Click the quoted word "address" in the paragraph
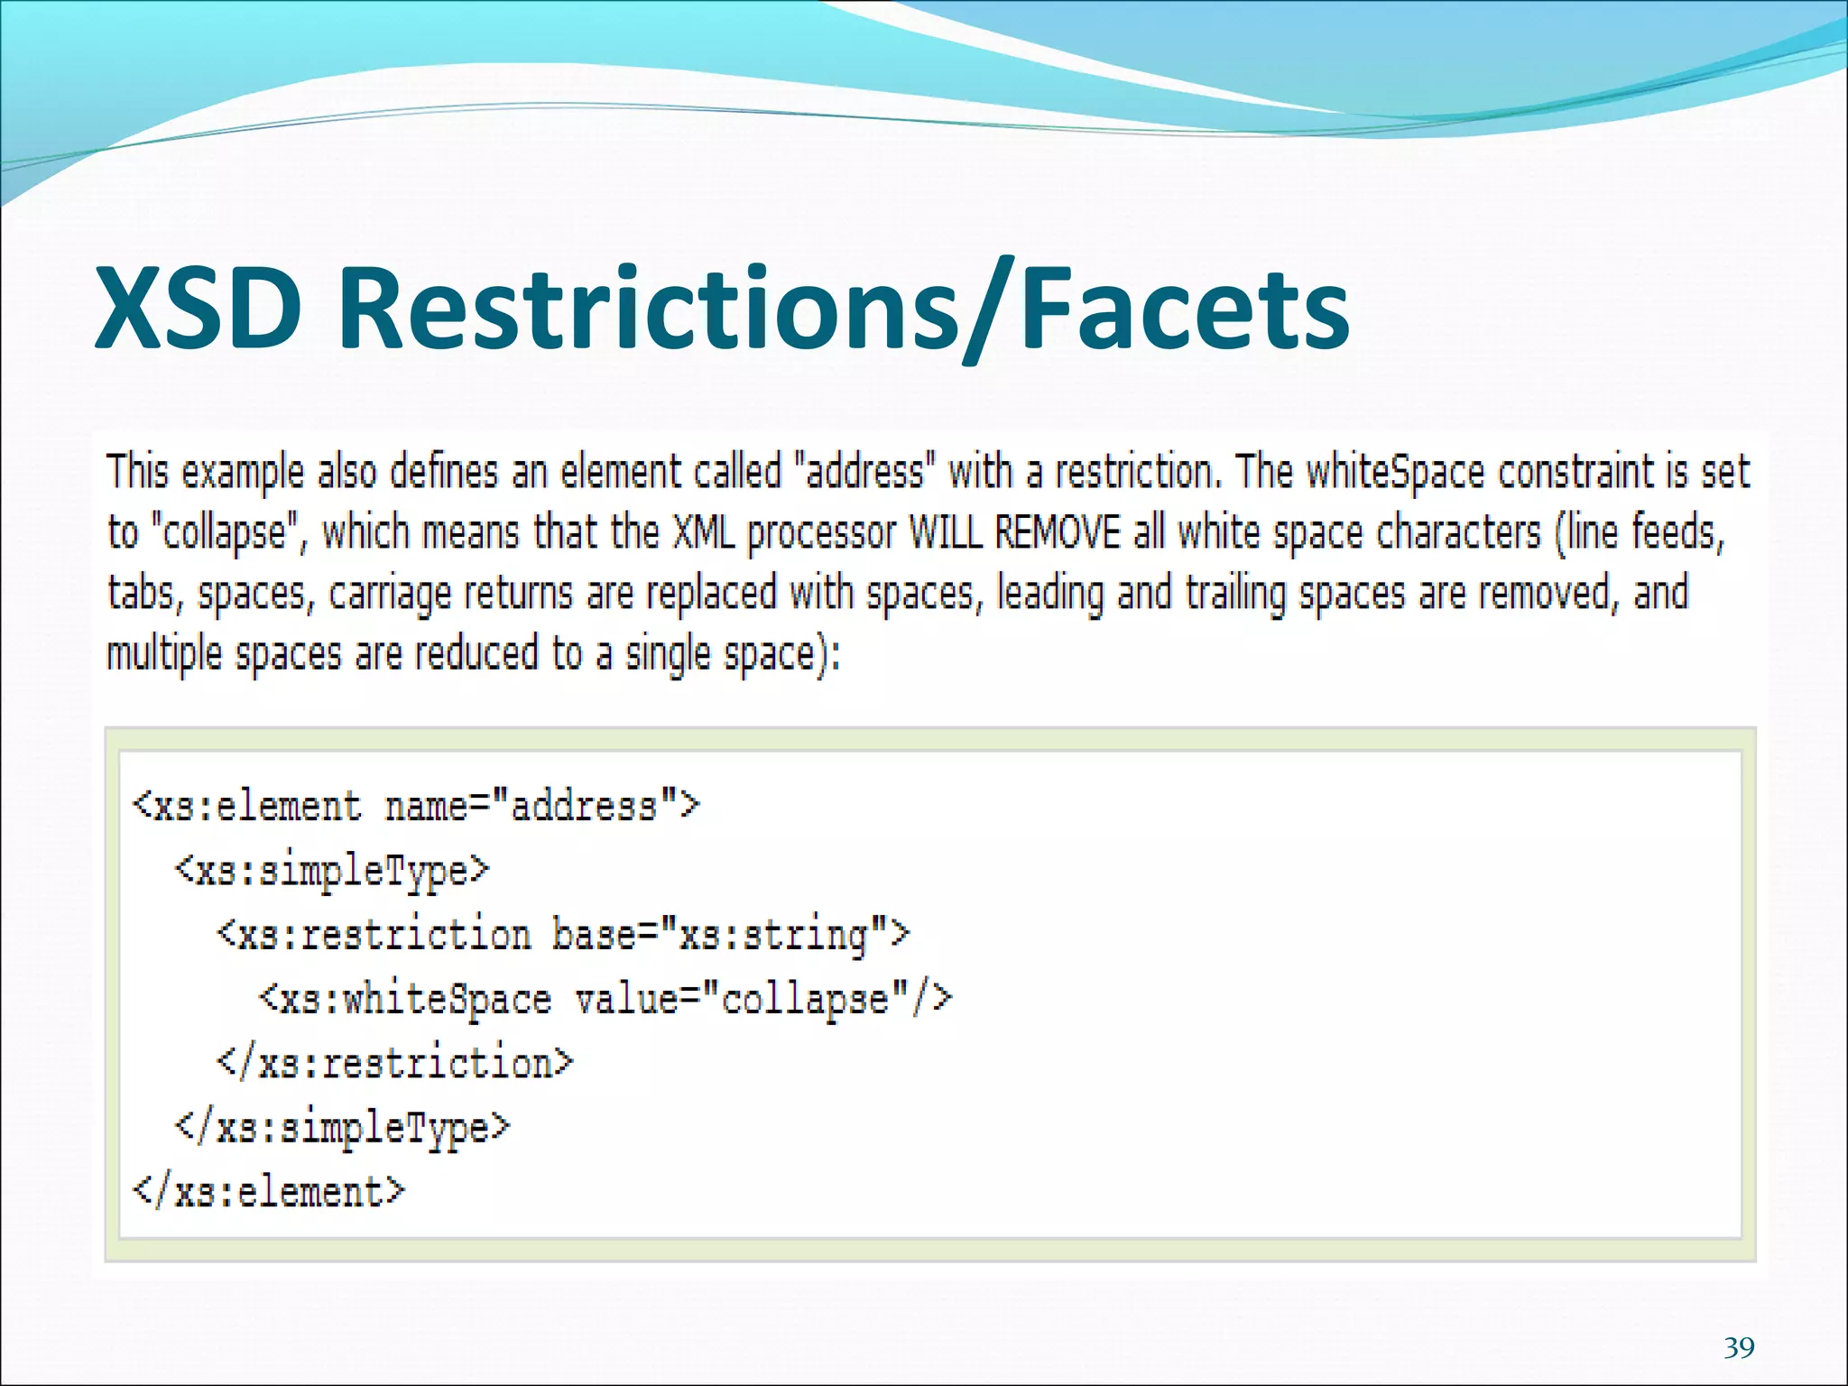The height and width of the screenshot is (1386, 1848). (x=864, y=472)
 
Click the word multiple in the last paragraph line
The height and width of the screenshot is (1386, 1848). (x=164, y=653)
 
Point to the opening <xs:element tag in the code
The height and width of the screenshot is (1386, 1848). (x=246, y=806)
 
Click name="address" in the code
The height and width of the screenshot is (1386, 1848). (x=541, y=806)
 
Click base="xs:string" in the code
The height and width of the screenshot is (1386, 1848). (x=731, y=935)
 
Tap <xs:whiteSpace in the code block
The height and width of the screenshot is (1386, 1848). (x=405, y=1000)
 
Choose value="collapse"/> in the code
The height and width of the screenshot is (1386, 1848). (x=763, y=1000)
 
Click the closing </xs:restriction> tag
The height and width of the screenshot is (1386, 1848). (x=395, y=1064)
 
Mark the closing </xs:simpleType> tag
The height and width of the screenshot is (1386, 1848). (x=343, y=1128)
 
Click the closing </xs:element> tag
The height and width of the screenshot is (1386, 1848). (x=269, y=1193)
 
